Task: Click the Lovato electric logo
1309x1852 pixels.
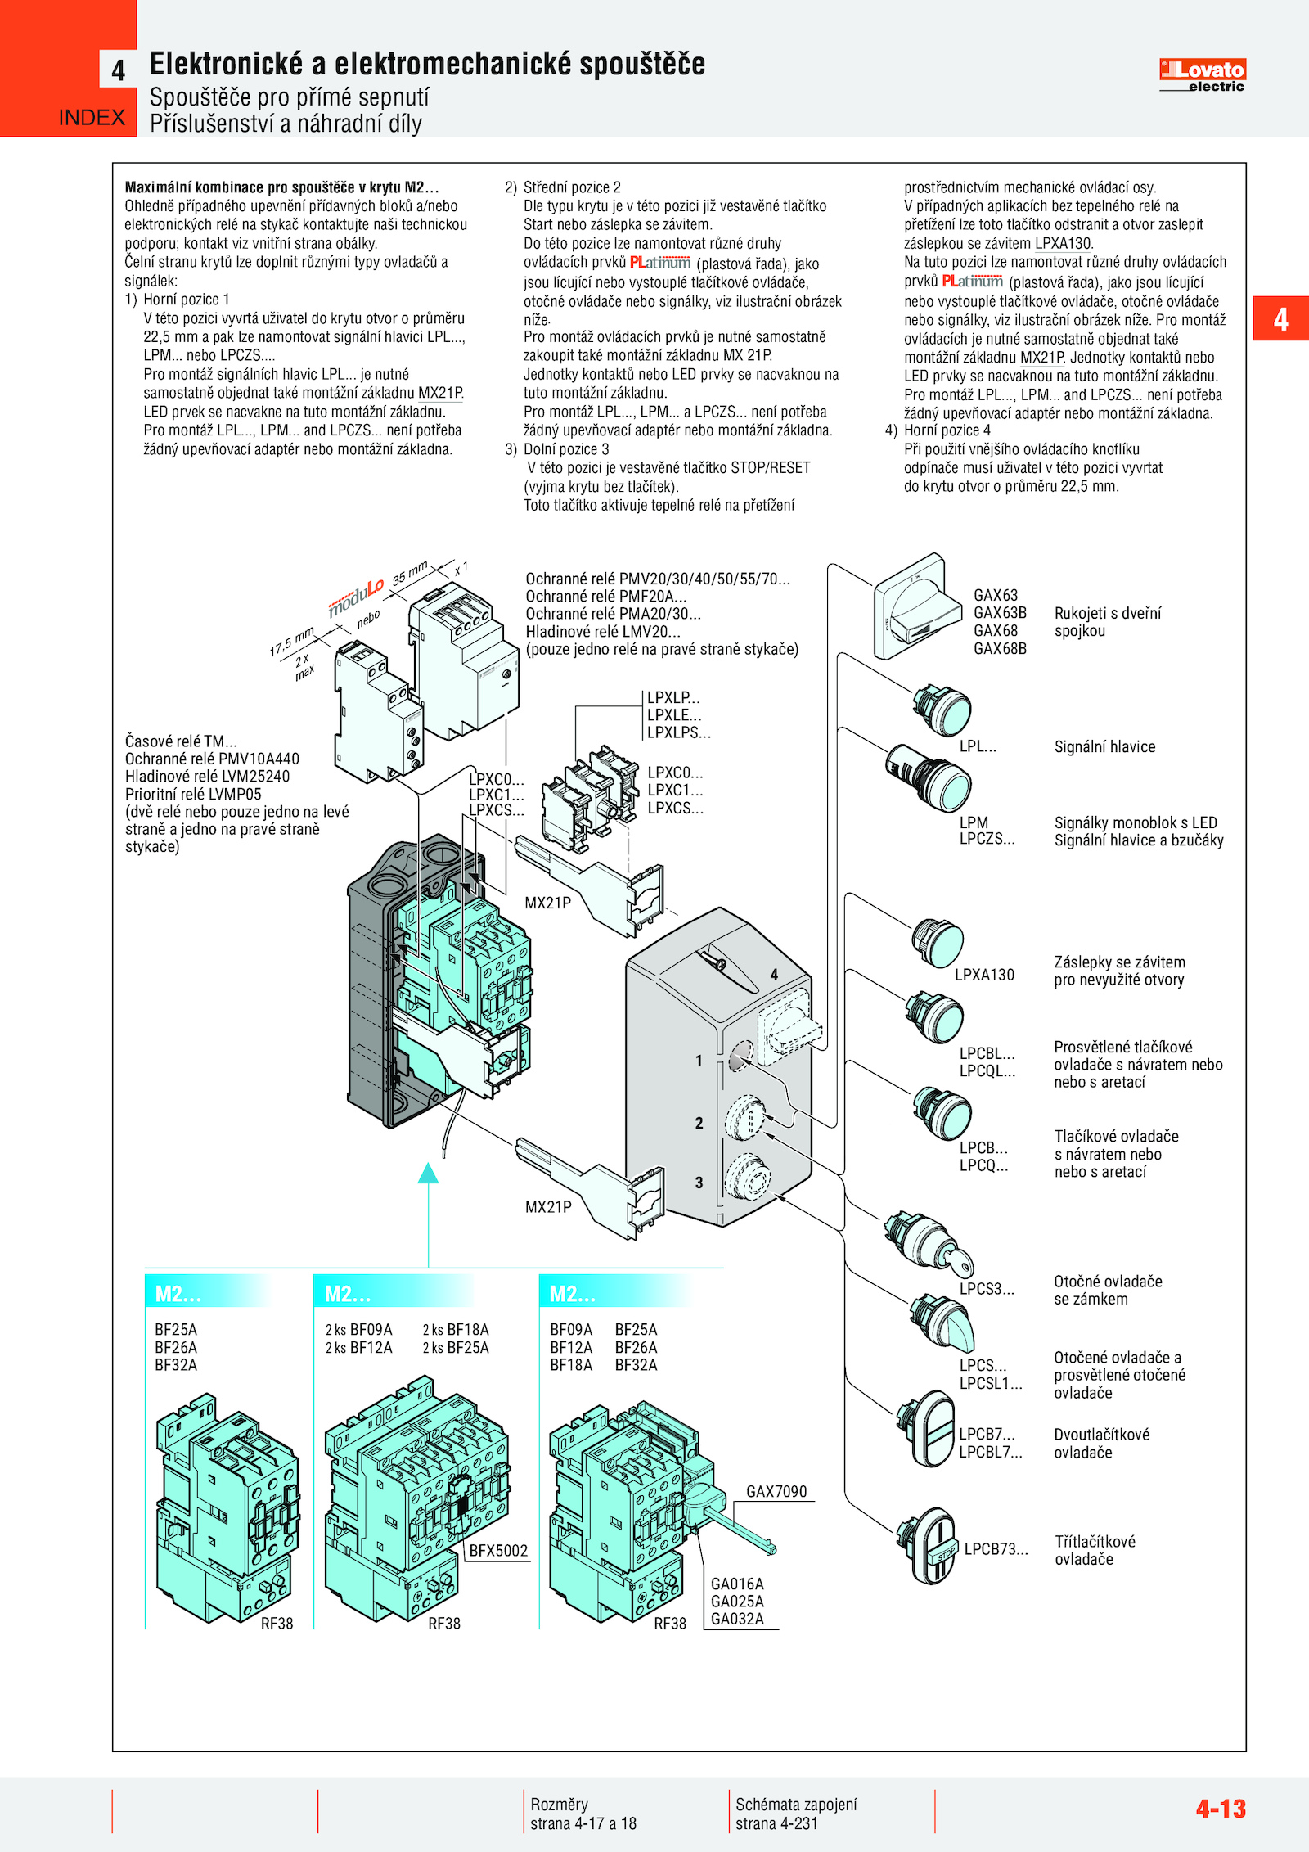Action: pos(1202,74)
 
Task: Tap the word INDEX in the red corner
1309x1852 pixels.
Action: pos(92,118)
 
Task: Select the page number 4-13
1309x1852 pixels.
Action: pos(1220,1808)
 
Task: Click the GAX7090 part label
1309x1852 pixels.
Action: pos(776,1491)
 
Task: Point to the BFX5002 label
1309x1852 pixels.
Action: pos(498,1550)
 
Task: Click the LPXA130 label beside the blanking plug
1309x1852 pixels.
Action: pos(984,975)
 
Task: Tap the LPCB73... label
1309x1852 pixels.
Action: pos(996,1548)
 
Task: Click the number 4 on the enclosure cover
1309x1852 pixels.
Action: pos(774,975)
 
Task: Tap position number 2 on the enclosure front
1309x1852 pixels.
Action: pos(699,1123)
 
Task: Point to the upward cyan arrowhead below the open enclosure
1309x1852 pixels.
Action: pos(428,1174)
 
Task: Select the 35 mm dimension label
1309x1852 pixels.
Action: pos(410,572)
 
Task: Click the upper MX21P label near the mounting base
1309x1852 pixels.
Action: pos(547,903)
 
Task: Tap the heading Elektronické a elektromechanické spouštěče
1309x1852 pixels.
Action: pos(427,64)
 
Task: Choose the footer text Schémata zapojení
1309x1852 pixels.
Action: pos(796,1804)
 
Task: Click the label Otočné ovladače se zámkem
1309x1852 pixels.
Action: pos(1107,1290)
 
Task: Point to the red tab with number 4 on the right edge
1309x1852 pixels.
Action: pos(1280,318)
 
